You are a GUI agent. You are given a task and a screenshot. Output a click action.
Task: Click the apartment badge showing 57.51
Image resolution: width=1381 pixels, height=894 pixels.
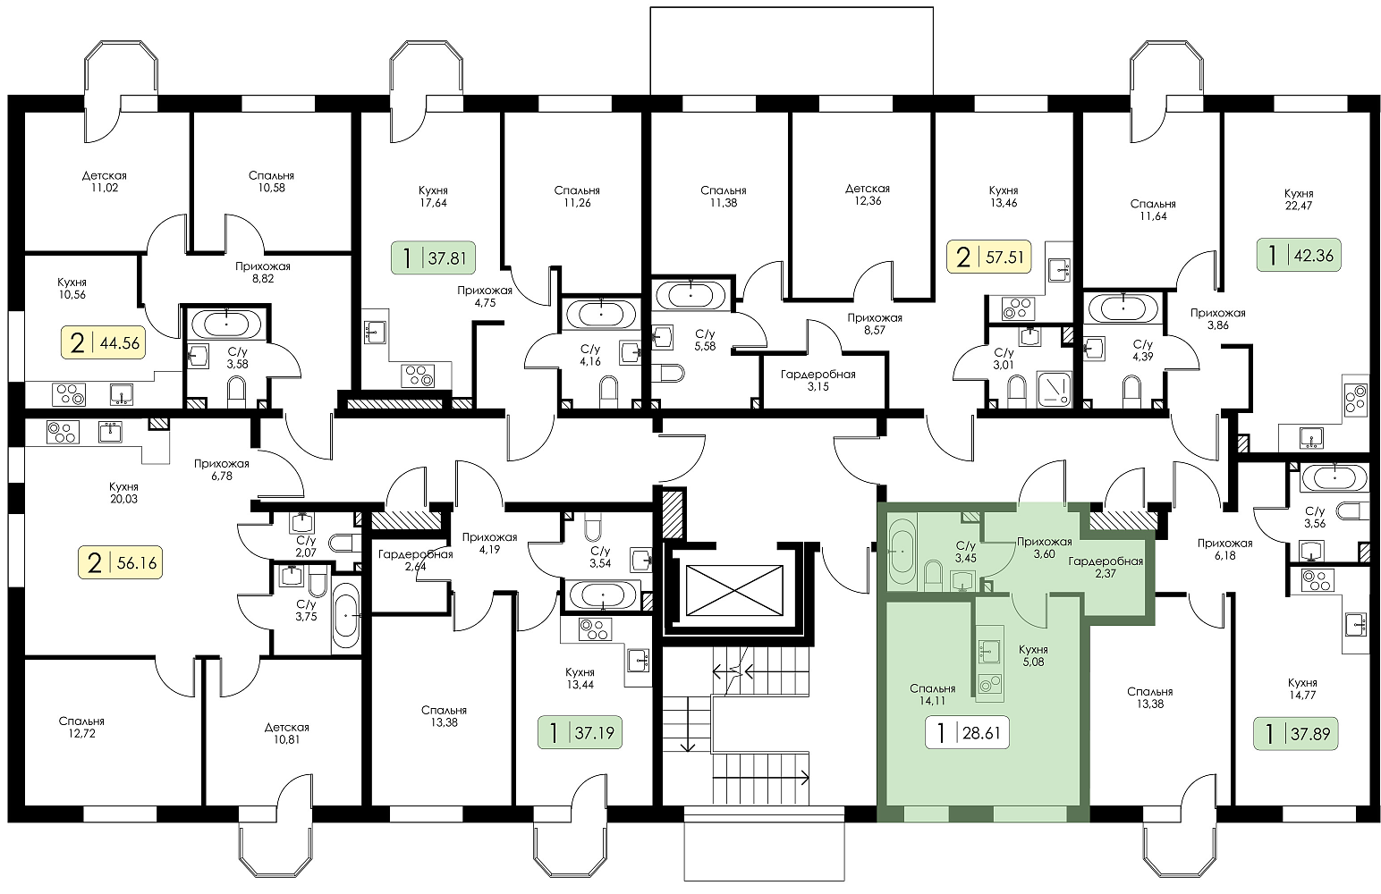tap(989, 257)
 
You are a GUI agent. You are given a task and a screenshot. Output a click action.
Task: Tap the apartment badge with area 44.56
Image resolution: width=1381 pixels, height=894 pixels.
tap(103, 342)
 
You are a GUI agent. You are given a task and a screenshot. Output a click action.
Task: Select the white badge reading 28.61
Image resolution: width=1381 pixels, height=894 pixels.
tap(967, 732)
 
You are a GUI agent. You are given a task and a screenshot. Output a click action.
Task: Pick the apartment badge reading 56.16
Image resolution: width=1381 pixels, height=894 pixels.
tap(120, 562)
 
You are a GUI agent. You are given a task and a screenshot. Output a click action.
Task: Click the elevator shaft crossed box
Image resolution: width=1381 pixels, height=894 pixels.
tap(733, 590)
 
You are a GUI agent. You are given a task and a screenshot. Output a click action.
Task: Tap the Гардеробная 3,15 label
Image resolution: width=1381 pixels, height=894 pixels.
tap(818, 380)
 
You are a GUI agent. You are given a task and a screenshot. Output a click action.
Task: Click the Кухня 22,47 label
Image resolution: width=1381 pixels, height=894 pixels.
tap(1299, 199)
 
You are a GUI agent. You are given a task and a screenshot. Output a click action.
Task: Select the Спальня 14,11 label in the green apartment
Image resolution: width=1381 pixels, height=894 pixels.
tap(932, 695)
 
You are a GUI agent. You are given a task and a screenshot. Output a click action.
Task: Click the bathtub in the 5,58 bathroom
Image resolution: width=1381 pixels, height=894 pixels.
tap(691, 296)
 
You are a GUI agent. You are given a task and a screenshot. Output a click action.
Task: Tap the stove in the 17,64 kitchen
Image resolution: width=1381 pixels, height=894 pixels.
tap(418, 375)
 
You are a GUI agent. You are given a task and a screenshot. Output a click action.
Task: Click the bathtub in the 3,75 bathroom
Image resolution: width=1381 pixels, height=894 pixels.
tap(345, 615)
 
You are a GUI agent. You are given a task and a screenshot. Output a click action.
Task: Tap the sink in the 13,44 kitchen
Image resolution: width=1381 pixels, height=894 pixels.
tap(639, 662)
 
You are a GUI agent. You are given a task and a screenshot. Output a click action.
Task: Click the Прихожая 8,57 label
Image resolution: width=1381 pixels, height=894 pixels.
tap(874, 325)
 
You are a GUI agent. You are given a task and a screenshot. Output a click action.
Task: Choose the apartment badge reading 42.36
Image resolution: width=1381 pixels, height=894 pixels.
tap(1299, 255)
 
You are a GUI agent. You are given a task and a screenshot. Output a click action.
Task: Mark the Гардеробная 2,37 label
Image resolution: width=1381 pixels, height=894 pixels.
tap(1106, 568)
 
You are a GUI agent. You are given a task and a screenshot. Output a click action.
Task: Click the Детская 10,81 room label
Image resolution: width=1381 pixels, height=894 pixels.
tap(287, 733)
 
